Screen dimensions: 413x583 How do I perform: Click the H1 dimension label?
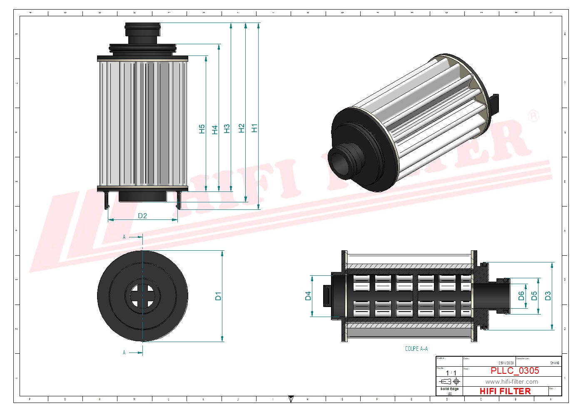click(254, 128)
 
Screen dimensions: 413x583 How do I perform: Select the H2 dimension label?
click(242, 128)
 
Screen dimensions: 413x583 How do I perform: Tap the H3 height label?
click(227, 128)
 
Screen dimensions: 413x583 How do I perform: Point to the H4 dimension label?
click(215, 130)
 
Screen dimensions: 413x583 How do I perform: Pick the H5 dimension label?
click(202, 129)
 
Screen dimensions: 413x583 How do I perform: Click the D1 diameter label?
click(218, 296)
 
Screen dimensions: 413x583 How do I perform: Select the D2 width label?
click(142, 216)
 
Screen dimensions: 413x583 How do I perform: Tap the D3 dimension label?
click(548, 296)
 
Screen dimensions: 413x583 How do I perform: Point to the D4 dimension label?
click(308, 296)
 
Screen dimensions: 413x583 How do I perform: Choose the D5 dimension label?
click(534, 296)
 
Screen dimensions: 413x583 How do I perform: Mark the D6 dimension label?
click(521, 296)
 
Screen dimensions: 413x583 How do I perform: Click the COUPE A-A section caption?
click(416, 349)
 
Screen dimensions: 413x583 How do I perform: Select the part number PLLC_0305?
click(515, 370)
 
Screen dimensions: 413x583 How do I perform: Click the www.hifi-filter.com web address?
click(511, 382)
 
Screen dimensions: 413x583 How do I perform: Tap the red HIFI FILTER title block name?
click(505, 391)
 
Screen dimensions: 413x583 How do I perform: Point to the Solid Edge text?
click(449, 389)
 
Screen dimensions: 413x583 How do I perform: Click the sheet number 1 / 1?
click(451, 373)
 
